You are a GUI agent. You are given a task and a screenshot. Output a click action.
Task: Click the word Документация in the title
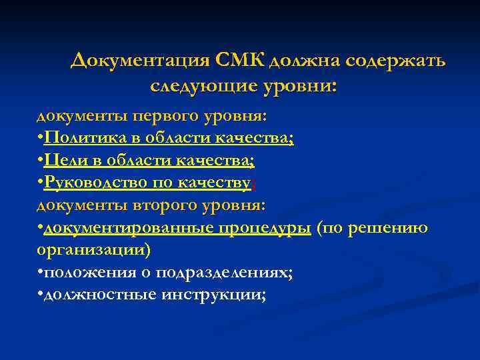pyautogui.click(x=141, y=61)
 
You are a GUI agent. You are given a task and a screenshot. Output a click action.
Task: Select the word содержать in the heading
pyautogui.click(x=400, y=61)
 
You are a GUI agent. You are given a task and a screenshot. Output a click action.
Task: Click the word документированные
pyautogui.click(x=127, y=228)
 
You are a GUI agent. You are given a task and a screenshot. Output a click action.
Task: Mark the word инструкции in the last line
pyautogui.click(x=213, y=295)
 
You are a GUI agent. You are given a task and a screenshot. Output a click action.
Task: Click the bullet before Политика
pyautogui.click(x=40, y=138)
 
